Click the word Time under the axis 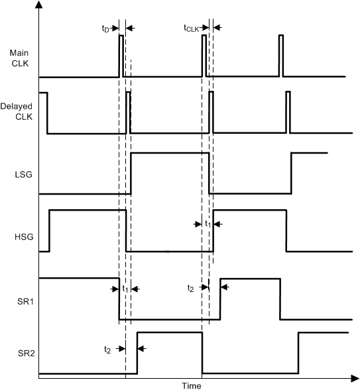pos(192,385)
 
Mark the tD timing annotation pos(105,28)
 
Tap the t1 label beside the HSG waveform pos(207,224)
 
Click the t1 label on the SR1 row pos(125,289)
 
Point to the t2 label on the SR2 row pos(107,348)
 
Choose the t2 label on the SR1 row pos(191,289)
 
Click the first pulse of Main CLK pos(121,56)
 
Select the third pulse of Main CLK pos(280,56)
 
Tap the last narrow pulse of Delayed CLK pos(288,112)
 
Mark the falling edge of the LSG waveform pos(209,173)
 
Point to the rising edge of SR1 pos(220,299)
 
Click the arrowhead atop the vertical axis pos(39,5)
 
